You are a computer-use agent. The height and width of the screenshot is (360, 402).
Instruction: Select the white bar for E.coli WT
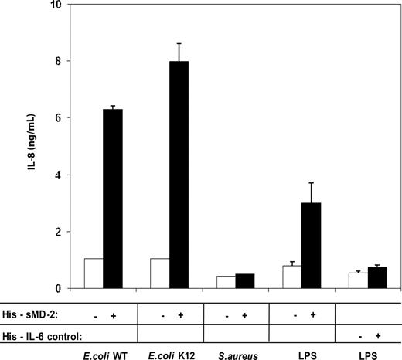(x=94, y=273)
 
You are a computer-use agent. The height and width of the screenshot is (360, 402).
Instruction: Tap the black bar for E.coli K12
(x=179, y=175)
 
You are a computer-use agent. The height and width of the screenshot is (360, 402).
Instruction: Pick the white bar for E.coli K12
(x=159, y=273)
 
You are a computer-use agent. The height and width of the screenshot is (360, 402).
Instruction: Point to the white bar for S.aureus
(x=226, y=282)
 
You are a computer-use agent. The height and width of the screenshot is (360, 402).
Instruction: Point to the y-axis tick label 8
(x=56, y=61)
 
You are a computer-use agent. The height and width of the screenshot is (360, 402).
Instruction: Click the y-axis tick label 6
(x=56, y=118)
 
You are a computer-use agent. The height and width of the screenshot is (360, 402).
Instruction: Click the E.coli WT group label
(x=103, y=354)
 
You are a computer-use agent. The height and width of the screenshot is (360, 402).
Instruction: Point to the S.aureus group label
(x=235, y=354)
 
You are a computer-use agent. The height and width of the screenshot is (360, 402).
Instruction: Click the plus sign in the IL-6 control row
(x=377, y=335)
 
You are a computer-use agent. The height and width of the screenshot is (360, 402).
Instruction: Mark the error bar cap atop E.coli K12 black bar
(x=179, y=44)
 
